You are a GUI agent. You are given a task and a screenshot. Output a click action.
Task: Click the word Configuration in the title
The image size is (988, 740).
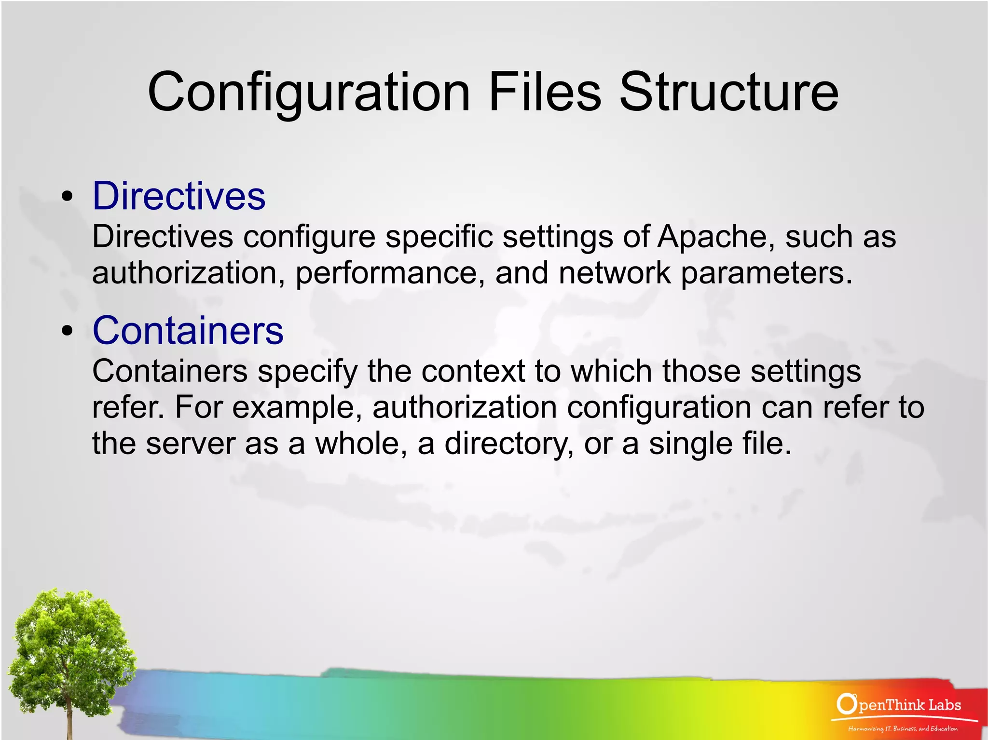click(x=309, y=93)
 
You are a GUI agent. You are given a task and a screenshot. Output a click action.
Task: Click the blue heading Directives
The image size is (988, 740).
click(x=179, y=196)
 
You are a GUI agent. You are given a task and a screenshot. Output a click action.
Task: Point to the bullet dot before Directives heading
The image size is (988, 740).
click(x=68, y=197)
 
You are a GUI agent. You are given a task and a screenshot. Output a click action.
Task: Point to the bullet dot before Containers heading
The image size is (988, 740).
click(x=68, y=331)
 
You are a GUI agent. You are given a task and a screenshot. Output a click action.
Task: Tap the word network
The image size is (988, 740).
click(x=614, y=273)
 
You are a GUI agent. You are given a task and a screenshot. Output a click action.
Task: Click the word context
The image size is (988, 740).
click(x=473, y=372)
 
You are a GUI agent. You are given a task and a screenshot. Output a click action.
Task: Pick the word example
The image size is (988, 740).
click(x=296, y=408)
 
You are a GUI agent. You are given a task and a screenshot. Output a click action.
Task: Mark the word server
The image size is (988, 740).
click(x=191, y=444)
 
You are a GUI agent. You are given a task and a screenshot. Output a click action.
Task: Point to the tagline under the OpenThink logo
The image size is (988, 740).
click(x=903, y=728)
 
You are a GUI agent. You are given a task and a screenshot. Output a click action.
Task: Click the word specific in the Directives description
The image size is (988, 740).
click(x=439, y=237)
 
